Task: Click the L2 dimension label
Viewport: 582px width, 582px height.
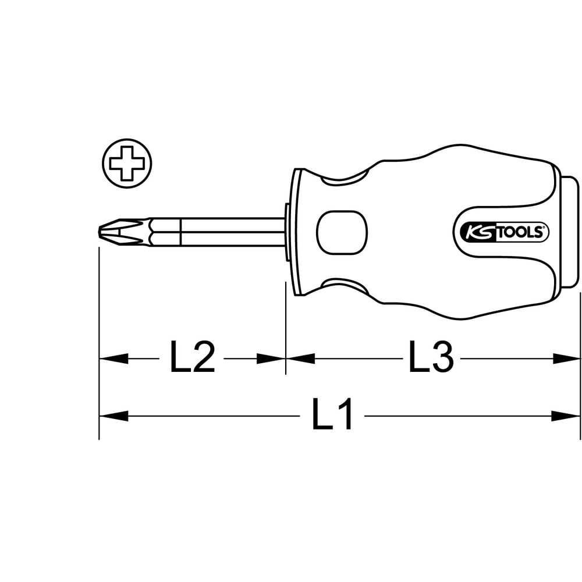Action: click(192, 358)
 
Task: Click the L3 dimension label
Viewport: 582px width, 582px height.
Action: click(431, 358)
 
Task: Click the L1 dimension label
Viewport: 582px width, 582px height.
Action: click(332, 415)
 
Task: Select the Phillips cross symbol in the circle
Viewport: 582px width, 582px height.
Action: click(127, 164)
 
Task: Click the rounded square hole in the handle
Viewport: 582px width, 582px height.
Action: click(342, 233)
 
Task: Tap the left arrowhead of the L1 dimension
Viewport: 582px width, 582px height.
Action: click(113, 416)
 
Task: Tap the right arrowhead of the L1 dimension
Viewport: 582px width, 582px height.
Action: click(565, 416)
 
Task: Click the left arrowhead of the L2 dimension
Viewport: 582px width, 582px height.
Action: click(113, 359)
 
